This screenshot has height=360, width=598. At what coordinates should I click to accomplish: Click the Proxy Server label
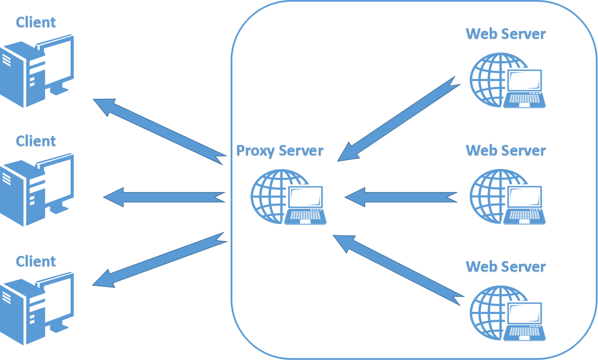pos(280,151)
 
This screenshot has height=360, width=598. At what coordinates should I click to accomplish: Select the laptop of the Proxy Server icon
pos(306,205)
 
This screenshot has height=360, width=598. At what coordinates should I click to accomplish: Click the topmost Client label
pos(36,22)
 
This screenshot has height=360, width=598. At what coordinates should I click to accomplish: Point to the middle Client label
pos(36,141)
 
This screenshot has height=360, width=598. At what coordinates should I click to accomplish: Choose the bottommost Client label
pos(36,261)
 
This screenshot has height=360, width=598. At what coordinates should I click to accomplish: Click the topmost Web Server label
pos(505,35)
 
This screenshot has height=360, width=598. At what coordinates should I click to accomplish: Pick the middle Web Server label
pos(505,151)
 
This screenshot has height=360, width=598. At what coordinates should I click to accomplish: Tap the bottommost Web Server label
pos(505,267)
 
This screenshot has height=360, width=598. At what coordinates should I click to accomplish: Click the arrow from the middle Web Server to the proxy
pos(401,197)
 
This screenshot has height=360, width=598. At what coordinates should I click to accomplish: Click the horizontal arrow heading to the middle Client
pos(164,197)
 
